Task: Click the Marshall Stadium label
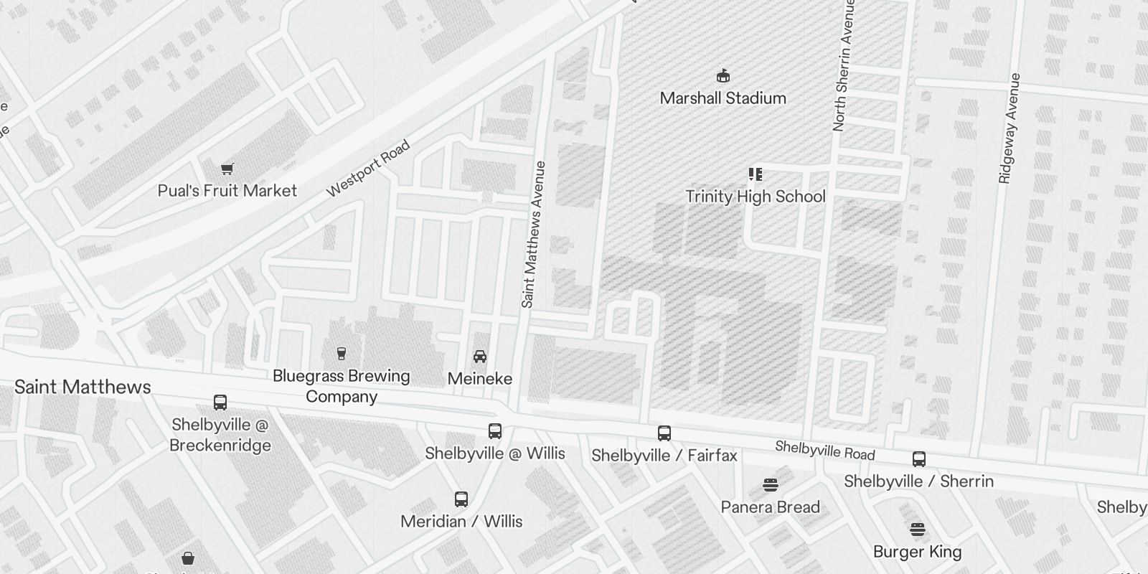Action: (x=723, y=98)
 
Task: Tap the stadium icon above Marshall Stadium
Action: (x=723, y=75)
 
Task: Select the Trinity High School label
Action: (x=755, y=197)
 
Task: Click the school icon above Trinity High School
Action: (x=755, y=174)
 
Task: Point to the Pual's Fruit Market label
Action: (x=227, y=191)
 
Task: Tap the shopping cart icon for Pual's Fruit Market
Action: (x=227, y=169)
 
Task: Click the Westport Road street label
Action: (x=368, y=169)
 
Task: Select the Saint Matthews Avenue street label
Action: (x=534, y=235)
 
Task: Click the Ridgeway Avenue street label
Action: (x=1009, y=128)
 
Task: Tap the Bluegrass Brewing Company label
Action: (x=342, y=386)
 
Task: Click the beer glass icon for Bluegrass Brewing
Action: (x=342, y=353)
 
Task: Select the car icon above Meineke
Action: (x=480, y=356)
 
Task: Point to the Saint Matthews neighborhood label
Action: (x=83, y=387)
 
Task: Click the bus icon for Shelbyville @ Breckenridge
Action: (x=220, y=403)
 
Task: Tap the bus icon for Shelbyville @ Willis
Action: (x=495, y=431)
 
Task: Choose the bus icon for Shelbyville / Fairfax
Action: (x=664, y=433)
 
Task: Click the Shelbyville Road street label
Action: (x=824, y=451)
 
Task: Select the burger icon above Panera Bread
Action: (x=771, y=485)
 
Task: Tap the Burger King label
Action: (x=917, y=552)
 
